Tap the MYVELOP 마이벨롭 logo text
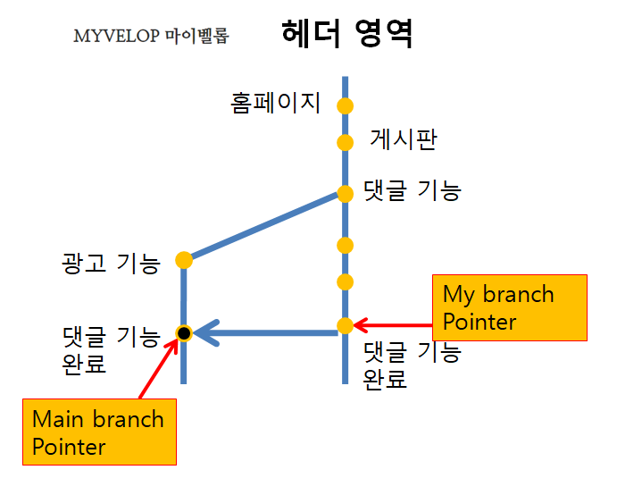coord(151,37)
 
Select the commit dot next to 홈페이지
coord(346,105)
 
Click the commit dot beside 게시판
coord(346,142)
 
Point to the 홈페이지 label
coord(275,104)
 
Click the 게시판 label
coord(404,139)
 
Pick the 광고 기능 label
coord(111,263)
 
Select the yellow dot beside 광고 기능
coord(184,260)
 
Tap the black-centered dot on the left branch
coord(184,333)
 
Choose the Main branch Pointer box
coord(98,432)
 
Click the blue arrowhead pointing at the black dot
coord(206,333)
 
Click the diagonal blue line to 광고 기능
coord(265,227)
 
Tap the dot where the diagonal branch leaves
coord(346,194)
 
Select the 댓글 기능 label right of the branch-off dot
coord(412,190)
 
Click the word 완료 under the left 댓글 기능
coord(85,365)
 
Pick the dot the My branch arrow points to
coord(346,326)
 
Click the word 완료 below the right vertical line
coord(385,379)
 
